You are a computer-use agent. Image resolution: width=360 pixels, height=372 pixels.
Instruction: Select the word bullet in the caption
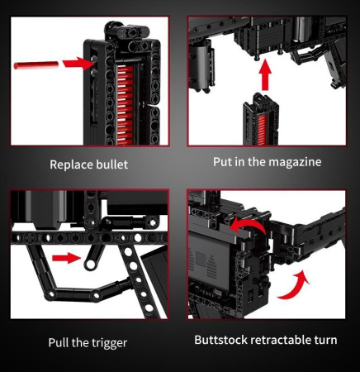(112, 165)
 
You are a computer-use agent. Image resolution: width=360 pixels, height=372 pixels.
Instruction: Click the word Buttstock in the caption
(223, 340)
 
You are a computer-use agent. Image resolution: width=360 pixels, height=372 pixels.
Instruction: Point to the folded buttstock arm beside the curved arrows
(310, 240)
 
